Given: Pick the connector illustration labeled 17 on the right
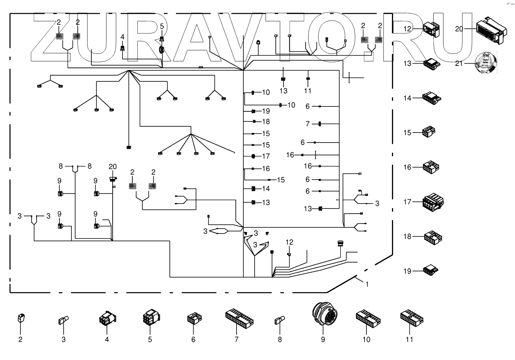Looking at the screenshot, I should click(432, 202).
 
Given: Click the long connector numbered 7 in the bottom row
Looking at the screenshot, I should click(239, 318).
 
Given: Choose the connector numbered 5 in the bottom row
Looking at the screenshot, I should click(150, 319).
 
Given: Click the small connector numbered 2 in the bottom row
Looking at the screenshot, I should click(21, 319).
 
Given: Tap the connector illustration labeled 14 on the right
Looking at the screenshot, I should click(432, 98).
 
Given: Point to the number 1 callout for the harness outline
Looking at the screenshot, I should click(367, 284).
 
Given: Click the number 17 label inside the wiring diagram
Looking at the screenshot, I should click(266, 156).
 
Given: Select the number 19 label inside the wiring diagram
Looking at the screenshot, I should click(266, 111).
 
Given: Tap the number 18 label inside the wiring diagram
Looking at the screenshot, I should click(266, 122).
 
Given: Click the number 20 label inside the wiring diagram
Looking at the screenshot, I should click(112, 167).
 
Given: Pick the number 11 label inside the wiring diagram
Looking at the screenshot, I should click(307, 91).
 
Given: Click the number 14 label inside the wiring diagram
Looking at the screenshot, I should click(266, 189).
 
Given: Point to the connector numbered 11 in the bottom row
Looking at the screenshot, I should click(411, 318).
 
